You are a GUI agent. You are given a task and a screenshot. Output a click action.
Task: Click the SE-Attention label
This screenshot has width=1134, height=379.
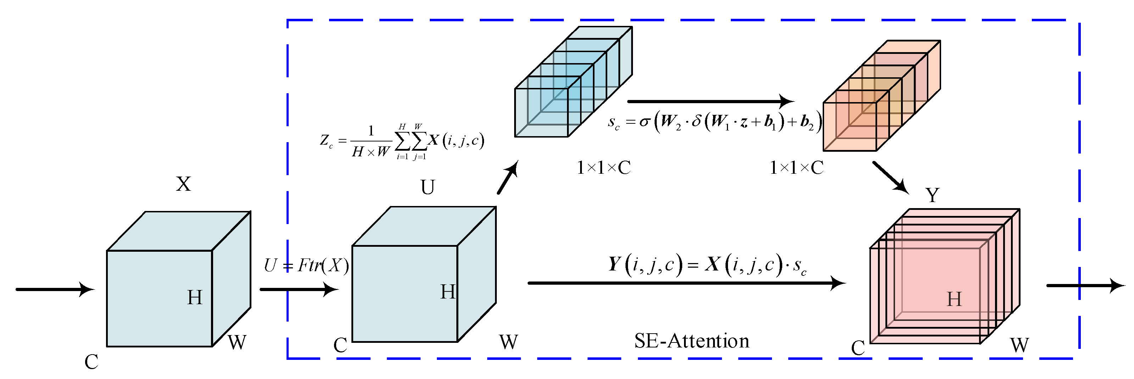click(691, 341)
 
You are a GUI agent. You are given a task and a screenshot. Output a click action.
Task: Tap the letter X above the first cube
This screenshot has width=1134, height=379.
click(184, 184)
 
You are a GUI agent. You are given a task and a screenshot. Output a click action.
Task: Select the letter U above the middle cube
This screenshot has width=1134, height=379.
click(427, 187)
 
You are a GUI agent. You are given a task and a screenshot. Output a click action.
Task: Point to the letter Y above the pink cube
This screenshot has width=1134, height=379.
click(932, 195)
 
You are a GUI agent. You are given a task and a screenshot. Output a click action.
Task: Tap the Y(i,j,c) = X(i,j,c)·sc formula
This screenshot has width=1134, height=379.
click(707, 265)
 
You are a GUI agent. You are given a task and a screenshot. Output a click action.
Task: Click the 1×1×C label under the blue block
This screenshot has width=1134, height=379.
click(604, 168)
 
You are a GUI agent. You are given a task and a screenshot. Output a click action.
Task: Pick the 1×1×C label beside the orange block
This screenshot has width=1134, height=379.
click(796, 168)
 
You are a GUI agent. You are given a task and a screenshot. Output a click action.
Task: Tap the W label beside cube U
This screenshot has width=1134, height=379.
click(508, 342)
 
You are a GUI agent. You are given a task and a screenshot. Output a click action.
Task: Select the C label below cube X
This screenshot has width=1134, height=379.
click(91, 362)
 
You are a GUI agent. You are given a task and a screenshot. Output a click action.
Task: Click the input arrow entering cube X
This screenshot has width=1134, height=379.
click(55, 289)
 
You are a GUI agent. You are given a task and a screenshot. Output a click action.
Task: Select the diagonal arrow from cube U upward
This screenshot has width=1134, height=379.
click(507, 177)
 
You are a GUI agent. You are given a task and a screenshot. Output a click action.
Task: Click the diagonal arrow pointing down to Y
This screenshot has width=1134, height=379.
click(890, 177)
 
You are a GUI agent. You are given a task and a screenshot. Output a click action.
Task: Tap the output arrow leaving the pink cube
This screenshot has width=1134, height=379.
click(1085, 285)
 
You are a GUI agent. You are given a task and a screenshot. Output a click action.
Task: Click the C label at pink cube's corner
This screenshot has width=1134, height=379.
click(858, 348)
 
